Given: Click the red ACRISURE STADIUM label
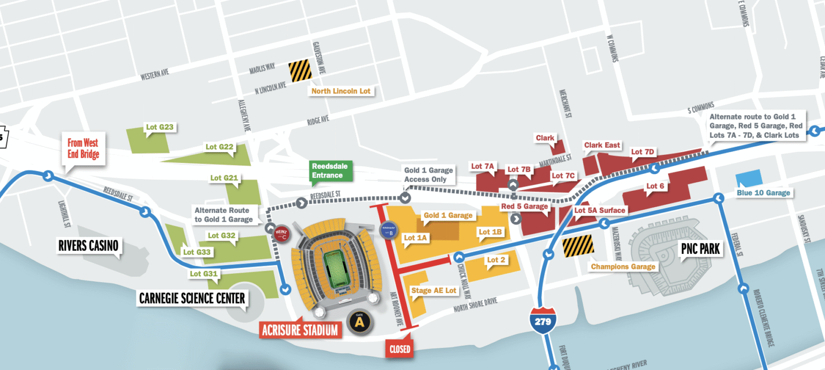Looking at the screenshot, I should click(301, 329).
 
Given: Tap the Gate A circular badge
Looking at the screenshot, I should click(358, 321).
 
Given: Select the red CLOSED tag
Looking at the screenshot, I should click(400, 349).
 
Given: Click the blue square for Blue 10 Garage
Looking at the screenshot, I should click(749, 179).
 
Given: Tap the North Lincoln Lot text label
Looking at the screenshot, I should click(341, 91).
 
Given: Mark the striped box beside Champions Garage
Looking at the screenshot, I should click(578, 245).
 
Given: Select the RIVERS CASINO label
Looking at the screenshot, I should click(89, 246).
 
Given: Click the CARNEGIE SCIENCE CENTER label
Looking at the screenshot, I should click(192, 298).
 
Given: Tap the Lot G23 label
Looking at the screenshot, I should click(160, 128).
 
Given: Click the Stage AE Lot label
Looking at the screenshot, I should click(433, 290).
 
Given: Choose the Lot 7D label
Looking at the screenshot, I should click(642, 152).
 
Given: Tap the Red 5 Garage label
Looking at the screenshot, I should click(524, 207).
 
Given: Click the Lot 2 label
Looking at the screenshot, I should click(496, 260).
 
